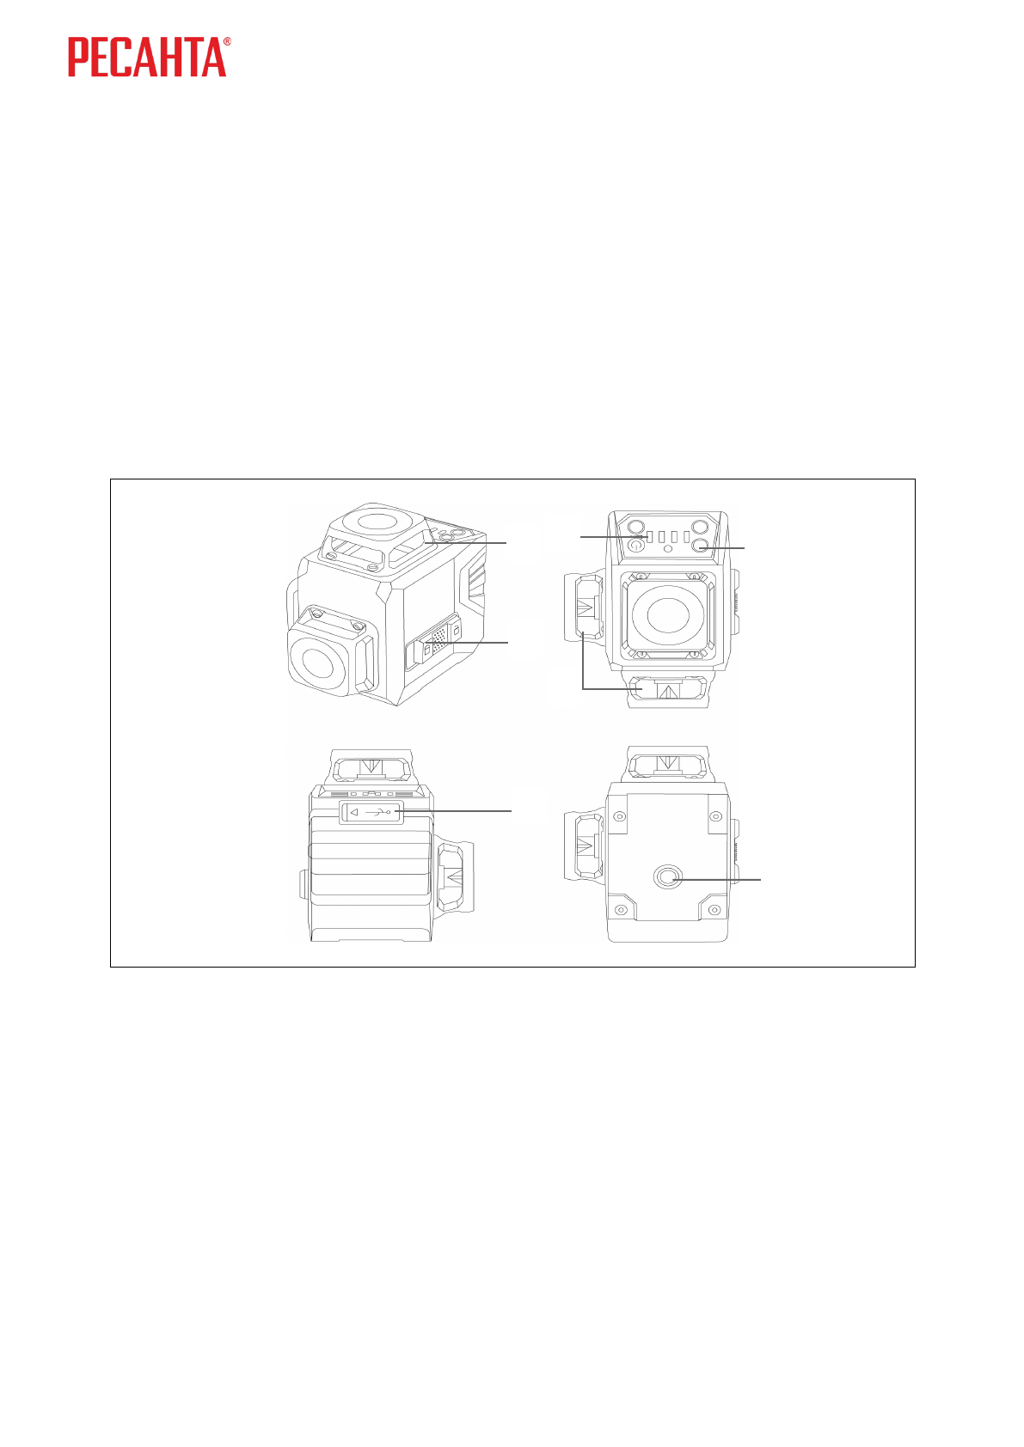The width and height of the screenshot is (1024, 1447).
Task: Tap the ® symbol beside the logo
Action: pos(227,41)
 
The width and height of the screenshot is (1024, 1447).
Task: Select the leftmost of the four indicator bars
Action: pos(650,537)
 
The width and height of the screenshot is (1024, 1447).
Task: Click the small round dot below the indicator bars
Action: pos(668,548)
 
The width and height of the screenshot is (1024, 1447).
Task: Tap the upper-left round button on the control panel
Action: pos(636,526)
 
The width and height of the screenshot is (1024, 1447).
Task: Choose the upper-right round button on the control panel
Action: pos(699,526)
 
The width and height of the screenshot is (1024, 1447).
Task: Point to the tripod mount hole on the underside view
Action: pos(668,876)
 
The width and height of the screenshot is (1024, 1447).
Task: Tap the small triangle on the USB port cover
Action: pos(353,812)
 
